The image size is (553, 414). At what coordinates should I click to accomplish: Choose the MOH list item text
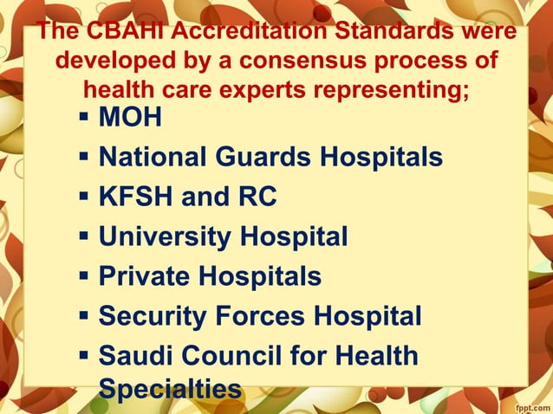[130, 117]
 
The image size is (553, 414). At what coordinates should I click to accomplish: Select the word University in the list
[165, 236]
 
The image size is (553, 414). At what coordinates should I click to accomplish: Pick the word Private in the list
[143, 276]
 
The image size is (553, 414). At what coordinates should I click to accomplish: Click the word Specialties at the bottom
[170, 390]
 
